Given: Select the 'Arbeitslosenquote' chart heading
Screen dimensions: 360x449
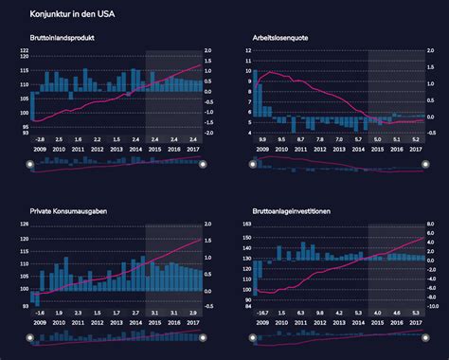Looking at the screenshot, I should coord(281,38).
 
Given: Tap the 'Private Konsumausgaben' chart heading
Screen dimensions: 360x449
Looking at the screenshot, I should coord(67,213).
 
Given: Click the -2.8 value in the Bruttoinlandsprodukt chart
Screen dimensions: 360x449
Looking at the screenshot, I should coord(39,138).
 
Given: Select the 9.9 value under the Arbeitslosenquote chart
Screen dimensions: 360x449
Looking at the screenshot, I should coord(262,138).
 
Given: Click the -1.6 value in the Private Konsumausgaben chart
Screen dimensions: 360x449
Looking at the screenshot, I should coord(39,313).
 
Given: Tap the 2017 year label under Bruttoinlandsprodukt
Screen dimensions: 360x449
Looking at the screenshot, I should coord(192,150).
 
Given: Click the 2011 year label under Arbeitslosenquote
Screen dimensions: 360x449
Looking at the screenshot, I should coord(300,150).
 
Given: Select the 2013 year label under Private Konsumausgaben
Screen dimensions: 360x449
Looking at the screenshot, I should coord(116,324).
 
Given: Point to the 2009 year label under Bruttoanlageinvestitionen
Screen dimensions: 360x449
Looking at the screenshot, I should coord(262,324).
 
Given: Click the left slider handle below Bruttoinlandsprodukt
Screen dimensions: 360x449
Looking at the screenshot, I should coord(30,164).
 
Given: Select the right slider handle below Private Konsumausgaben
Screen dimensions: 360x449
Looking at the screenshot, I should coord(202,338).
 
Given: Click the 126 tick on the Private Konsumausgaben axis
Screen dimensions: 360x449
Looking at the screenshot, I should coord(23,225).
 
